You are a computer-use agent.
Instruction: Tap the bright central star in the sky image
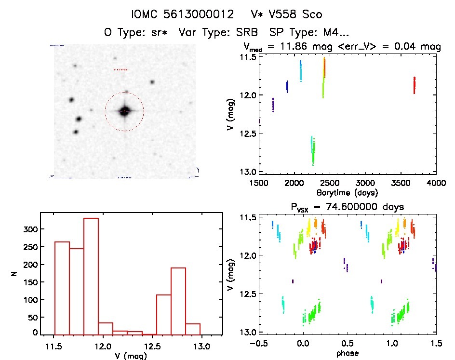pyautogui.click(x=124, y=111)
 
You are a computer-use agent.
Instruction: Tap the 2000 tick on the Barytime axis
pyautogui.click(x=294, y=183)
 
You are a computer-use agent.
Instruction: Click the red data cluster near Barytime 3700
pyautogui.click(x=414, y=85)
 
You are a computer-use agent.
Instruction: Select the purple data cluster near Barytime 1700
pyautogui.click(x=273, y=105)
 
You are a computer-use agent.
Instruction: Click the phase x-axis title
pyautogui.click(x=347, y=353)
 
